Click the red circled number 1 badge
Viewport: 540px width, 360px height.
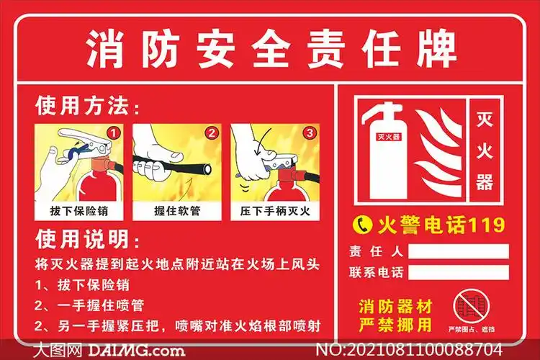112,133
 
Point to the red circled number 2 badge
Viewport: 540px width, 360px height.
211,133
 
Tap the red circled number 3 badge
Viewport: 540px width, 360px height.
309,133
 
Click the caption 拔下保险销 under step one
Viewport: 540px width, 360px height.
78,212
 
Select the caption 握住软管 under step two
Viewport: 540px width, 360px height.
176,212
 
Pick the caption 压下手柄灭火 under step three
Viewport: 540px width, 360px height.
274,212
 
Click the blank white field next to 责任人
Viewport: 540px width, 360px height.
458,251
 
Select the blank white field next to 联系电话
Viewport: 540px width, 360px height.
458,273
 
